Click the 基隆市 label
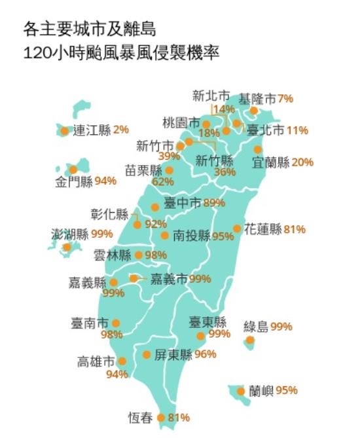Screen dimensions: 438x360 coord(257,100)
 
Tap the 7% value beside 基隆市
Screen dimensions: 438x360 coord(285,100)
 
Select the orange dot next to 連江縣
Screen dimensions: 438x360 coord(64,130)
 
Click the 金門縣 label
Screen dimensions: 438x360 coord(73,181)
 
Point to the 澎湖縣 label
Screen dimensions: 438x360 coord(69,234)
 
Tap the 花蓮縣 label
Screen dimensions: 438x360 coord(262,229)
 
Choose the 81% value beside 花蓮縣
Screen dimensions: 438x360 coord(295,229)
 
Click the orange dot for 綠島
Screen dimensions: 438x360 coord(250,340)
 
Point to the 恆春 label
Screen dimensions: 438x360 coord(141,417)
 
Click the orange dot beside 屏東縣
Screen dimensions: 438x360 coord(147,355)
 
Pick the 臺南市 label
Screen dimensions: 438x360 coord(90,323)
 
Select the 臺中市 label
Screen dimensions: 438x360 coord(183,203)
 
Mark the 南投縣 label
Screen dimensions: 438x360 coord(191,236)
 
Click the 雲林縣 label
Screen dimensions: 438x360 coord(113,255)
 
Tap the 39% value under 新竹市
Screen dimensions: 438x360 coord(169,156)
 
